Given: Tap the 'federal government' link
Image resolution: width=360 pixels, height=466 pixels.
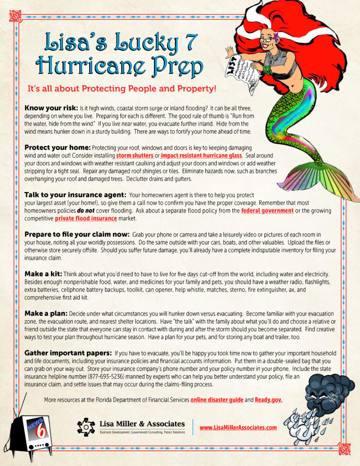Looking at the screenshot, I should pyautogui.click(x=267, y=211).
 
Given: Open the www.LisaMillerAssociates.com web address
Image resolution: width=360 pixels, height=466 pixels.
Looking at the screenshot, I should pyautogui.click(x=238, y=427).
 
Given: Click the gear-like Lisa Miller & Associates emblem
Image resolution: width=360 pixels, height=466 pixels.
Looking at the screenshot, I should pyautogui.click(x=86, y=427).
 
